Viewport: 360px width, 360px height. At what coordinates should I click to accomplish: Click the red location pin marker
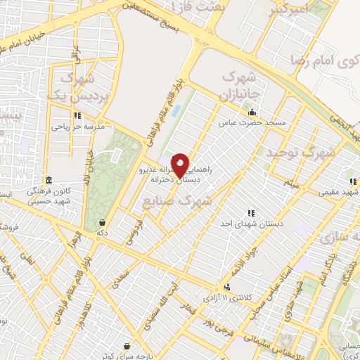(x=180, y=165)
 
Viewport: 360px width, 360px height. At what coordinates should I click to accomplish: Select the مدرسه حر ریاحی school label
(x=77, y=127)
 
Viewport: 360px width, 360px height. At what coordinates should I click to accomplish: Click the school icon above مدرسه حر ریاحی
(x=77, y=116)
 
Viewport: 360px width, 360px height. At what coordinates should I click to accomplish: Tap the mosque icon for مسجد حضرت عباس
(x=252, y=112)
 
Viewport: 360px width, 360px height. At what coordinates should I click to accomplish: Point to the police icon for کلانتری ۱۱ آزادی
(x=227, y=287)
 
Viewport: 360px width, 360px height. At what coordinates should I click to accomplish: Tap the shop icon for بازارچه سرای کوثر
(x=126, y=346)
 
